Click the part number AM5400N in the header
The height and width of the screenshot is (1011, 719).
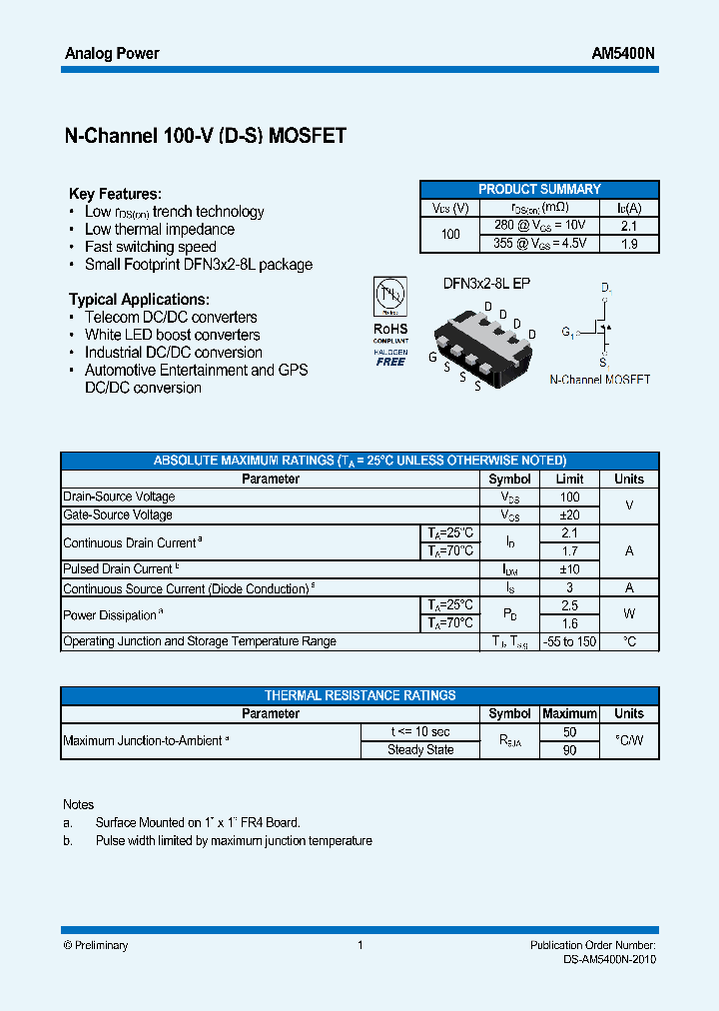pos(624,53)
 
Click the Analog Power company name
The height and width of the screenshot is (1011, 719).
pos(112,53)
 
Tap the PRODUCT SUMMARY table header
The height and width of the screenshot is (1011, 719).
pos(539,189)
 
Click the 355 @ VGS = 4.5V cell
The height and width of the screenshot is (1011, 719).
pos(540,244)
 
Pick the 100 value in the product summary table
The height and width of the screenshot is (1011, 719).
pos(450,235)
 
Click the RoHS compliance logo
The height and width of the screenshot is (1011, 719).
pos(390,321)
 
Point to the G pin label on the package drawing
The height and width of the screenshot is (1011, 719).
pos(432,357)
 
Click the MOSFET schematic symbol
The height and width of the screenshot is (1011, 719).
pos(602,328)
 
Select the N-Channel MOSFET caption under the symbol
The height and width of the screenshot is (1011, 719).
pos(600,380)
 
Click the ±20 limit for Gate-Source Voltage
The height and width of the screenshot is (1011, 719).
pos(569,515)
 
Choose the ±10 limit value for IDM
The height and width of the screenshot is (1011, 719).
pos(569,569)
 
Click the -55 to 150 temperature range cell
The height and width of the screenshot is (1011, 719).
pos(569,641)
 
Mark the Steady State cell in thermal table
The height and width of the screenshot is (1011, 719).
pos(420,750)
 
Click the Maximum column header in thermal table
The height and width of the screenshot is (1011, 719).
pos(569,714)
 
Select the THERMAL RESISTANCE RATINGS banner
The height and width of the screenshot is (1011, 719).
pos(359,695)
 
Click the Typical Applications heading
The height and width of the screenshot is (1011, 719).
pos(139,299)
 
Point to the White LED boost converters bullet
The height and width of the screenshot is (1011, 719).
pos(172,335)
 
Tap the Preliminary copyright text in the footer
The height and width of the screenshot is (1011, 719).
pos(96,945)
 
